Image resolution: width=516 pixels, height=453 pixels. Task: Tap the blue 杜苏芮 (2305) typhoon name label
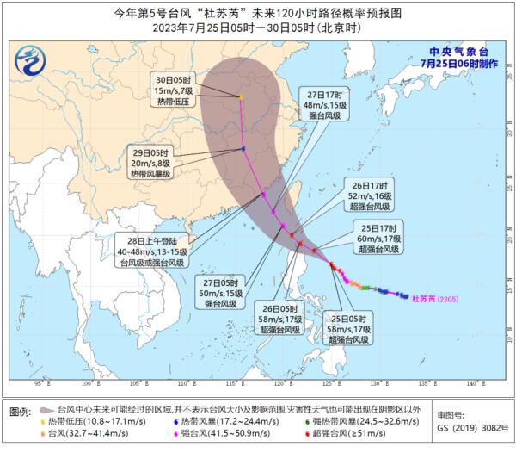click(x=439, y=300)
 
